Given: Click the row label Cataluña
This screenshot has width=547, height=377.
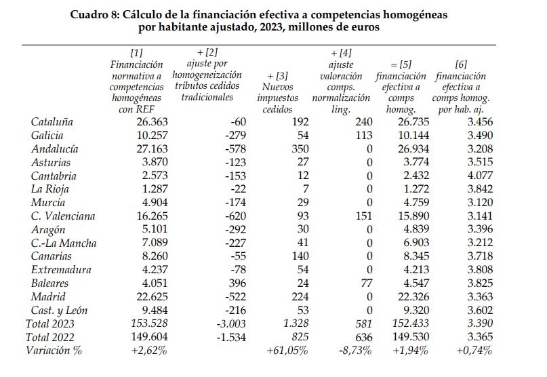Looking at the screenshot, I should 52,122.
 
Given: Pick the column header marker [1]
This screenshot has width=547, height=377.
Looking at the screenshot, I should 136,52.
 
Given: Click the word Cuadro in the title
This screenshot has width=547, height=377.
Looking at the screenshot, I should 92,14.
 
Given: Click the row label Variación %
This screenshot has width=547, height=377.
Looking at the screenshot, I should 55,350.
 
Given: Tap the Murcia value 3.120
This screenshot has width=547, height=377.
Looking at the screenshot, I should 474,203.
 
